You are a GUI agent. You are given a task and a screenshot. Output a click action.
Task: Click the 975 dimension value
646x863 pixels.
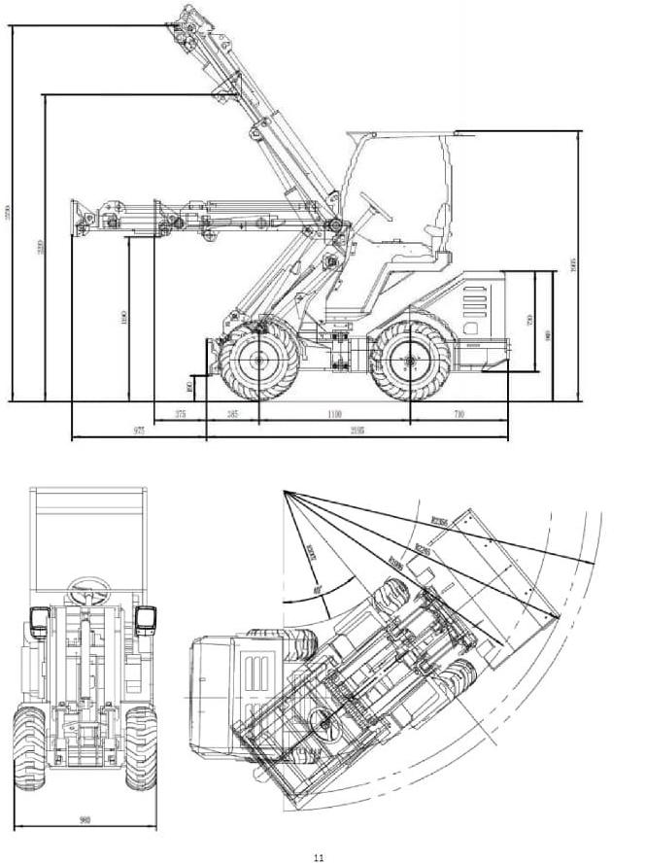139,431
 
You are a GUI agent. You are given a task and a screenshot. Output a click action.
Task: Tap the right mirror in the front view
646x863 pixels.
147,618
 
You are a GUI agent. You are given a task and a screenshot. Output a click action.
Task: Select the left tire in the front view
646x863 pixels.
29,746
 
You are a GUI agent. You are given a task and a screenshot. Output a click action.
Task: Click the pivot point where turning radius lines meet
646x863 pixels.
284,492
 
